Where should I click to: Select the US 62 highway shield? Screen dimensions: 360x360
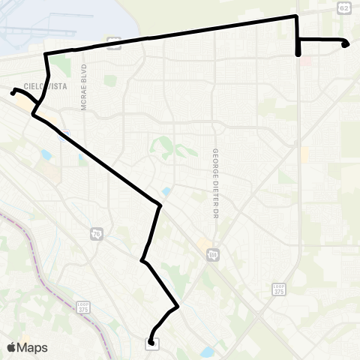point(343,7)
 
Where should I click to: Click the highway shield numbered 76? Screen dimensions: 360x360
point(97,234)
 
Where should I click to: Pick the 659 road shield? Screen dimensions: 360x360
point(214,255)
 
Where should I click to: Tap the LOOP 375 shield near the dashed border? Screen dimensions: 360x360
point(85,307)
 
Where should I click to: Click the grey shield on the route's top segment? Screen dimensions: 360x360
point(113,43)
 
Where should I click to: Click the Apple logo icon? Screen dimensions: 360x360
point(12,347)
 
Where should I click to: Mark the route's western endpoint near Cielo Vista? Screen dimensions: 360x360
point(13,91)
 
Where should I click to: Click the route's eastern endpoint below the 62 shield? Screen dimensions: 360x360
point(345,45)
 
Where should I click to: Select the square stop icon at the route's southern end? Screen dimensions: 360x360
point(152,343)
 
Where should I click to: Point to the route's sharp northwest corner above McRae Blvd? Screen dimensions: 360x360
point(46,54)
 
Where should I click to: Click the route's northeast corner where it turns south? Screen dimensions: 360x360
point(297,16)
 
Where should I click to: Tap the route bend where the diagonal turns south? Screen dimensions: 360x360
point(160,204)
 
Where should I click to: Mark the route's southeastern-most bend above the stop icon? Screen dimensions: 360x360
point(177,306)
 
